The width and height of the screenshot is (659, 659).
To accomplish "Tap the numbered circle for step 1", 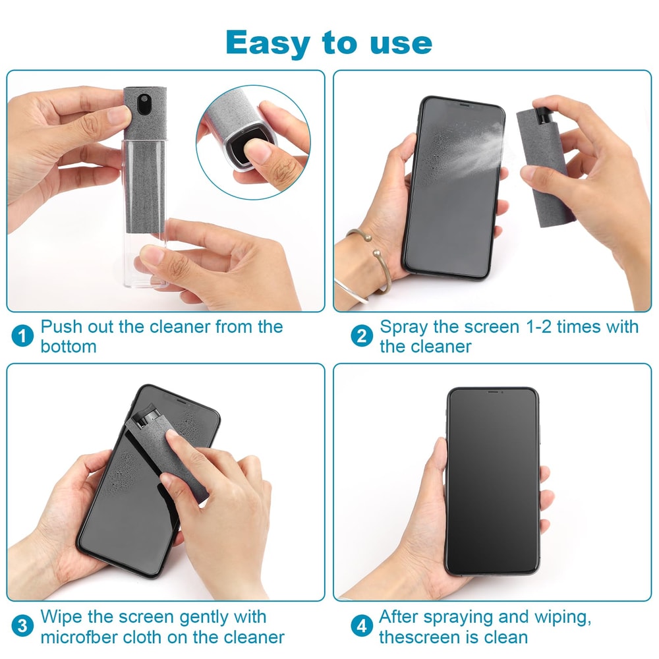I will tap(22, 336).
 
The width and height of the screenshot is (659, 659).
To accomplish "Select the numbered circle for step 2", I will tap(361, 336).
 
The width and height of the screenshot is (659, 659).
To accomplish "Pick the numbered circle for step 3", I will tap(22, 627).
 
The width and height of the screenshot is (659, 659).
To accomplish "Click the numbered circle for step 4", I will tap(361, 627).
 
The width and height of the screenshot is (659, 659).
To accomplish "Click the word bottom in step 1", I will tap(69, 346).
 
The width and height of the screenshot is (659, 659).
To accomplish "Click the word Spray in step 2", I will tap(404, 327).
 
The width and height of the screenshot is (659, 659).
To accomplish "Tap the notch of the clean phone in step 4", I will tap(493, 392).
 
